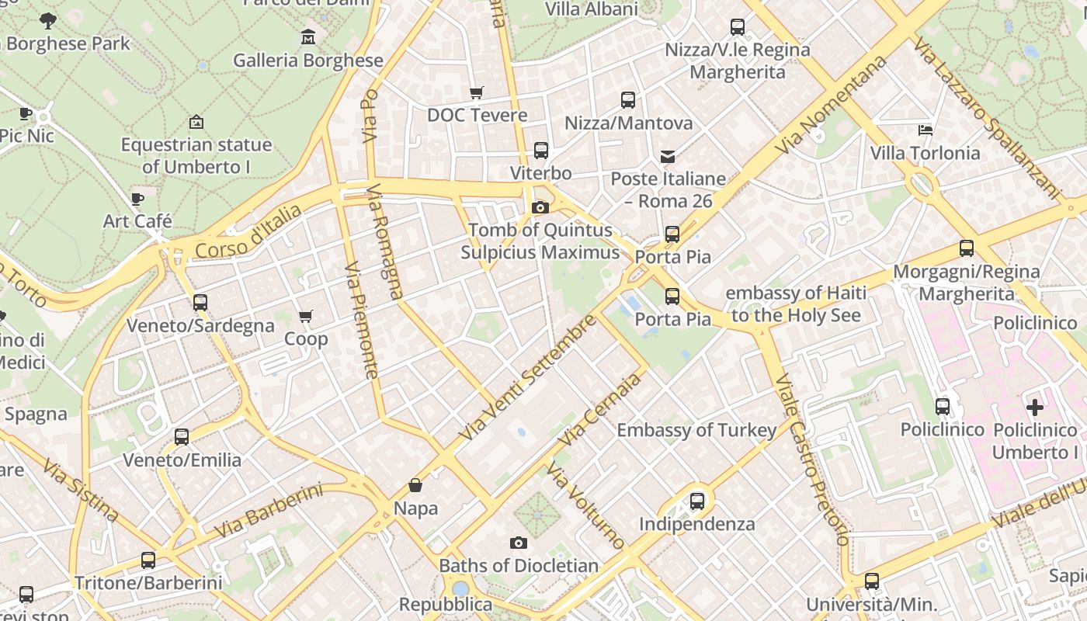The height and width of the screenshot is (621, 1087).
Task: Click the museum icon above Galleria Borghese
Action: coord(308,36)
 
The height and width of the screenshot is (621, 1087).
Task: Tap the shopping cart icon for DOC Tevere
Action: coord(477,93)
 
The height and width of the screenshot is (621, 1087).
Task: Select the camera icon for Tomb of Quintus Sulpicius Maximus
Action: coord(540,207)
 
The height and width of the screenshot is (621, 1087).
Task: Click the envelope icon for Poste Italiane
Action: coord(668,157)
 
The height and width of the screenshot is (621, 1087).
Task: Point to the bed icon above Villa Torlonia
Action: coord(925,130)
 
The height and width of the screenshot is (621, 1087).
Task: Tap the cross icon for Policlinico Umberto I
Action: coord(1035,407)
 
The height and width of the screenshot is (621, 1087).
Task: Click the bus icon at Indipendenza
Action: coord(697,501)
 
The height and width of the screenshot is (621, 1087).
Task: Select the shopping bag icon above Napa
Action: coord(415,486)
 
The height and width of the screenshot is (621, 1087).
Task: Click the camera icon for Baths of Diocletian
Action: coord(519,543)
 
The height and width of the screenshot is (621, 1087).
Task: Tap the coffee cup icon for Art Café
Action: coord(137,199)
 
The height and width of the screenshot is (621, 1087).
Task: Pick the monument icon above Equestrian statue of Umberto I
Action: coord(196,122)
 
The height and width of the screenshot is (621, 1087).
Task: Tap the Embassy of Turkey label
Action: coord(696,430)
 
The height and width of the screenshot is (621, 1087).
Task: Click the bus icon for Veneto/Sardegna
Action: coord(200,303)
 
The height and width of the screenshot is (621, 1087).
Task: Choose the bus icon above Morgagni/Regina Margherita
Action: coord(967,248)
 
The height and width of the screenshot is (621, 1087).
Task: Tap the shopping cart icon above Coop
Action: coord(306,317)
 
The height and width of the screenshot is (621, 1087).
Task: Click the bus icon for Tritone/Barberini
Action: coord(148,560)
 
